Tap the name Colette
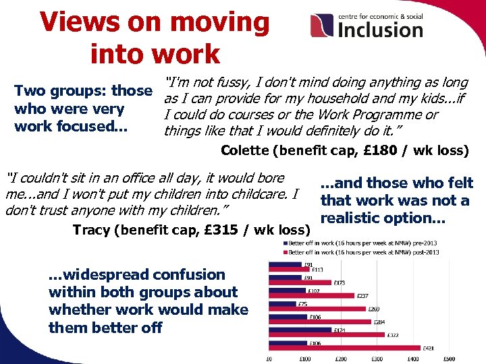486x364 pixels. pos(246,150)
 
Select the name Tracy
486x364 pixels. pos(92,230)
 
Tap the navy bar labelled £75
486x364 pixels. pos(283,304)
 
